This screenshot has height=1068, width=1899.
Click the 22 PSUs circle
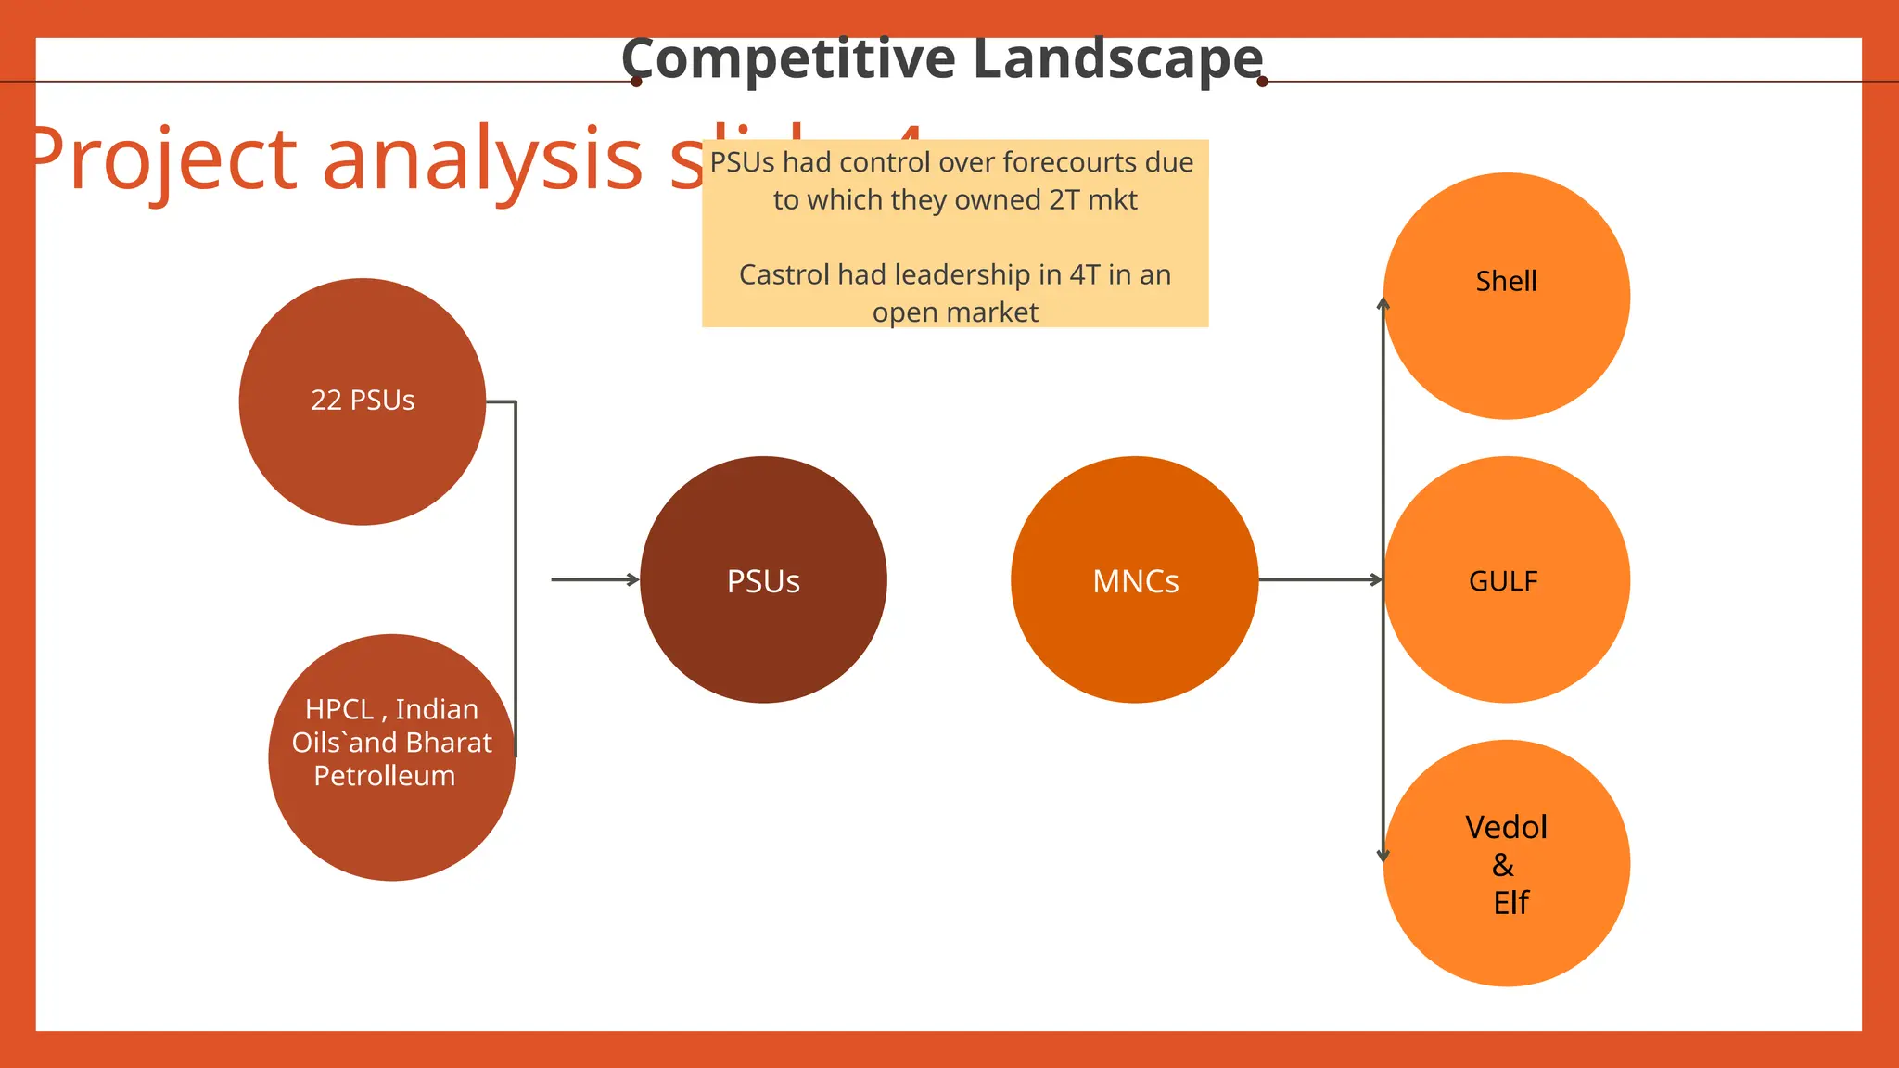coord(363,401)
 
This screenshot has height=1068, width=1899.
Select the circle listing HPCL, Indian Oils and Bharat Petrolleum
coord(391,757)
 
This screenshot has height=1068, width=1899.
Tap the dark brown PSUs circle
coord(763,579)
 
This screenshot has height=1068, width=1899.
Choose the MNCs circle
coord(1135,579)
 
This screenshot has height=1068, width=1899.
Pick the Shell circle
coord(1506,296)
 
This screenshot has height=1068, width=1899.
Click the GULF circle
coord(1506,579)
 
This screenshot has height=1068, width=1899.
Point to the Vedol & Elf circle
coord(1506,863)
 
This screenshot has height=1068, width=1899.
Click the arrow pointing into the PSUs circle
coord(594,579)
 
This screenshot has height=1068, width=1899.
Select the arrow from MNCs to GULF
coord(1319,579)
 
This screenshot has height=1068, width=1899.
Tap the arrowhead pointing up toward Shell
coord(1383,303)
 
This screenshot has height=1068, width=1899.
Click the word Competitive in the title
coord(788,59)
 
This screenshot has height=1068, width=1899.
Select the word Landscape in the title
coord(1118,59)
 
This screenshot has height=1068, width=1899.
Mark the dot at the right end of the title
coord(1262,82)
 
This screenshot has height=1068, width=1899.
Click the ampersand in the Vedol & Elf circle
coord(1503,865)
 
